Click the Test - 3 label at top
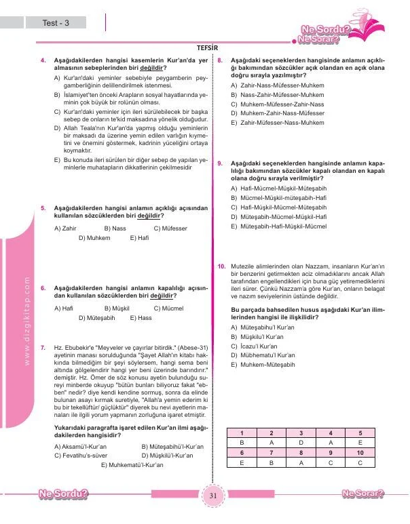pyautogui.click(x=55, y=23)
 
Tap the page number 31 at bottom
pyautogui.click(x=212, y=496)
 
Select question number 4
pyautogui.click(x=44, y=61)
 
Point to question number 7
pyautogui.click(x=44, y=346)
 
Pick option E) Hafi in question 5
pyautogui.click(x=138, y=239)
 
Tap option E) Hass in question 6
pyautogui.click(x=140, y=317)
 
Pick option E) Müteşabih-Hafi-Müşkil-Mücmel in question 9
pyautogui.click(x=278, y=226)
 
